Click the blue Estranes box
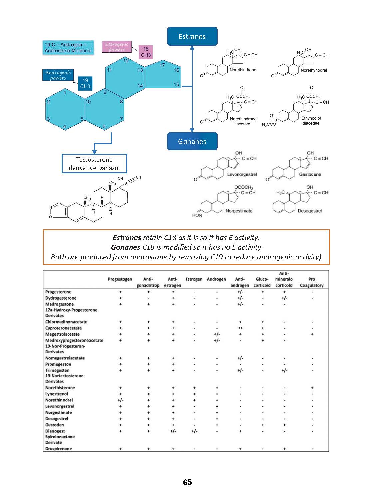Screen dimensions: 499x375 (x=192, y=36)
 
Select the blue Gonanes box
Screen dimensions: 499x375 (x=192, y=141)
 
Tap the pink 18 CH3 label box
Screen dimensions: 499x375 (x=146, y=52)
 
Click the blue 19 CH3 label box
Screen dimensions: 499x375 (x=85, y=83)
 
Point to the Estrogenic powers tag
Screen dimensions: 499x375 (x=117, y=47)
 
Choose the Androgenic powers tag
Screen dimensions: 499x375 (x=58, y=75)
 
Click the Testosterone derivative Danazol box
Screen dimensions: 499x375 (x=94, y=164)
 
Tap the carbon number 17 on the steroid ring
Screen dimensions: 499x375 (x=162, y=65)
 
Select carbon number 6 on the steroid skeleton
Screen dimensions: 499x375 (x=104, y=127)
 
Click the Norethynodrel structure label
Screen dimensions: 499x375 (x=314, y=70)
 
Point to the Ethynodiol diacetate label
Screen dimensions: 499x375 (x=311, y=121)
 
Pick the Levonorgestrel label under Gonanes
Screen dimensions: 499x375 (x=242, y=174)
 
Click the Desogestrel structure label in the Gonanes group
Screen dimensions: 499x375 (x=310, y=211)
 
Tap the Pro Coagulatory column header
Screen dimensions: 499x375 (x=312, y=282)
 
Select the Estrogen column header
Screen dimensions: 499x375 (x=194, y=279)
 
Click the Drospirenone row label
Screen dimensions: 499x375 (x=59, y=449)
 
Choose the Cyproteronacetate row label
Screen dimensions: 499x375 (x=63, y=328)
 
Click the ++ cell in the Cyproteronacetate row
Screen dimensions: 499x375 (x=240, y=328)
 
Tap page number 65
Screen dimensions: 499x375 (x=187, y=483)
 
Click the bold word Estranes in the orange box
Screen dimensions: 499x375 (x=127, y=238)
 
